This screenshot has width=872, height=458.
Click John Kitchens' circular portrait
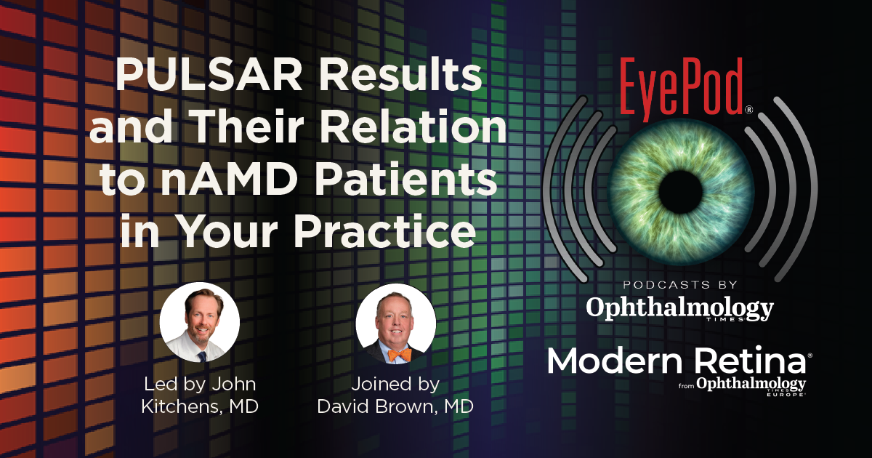[200, 322]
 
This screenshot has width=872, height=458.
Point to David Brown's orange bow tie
[399, 355]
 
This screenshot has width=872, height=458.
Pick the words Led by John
[201, 384]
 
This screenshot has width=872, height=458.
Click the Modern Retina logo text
[676, 361]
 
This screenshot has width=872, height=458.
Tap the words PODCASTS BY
[679, 285]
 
